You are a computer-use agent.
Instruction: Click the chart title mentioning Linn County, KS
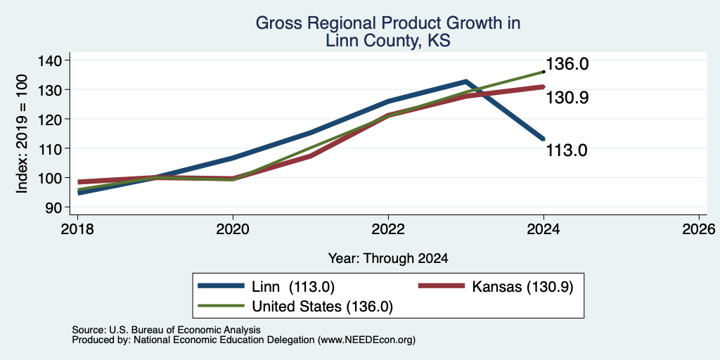pyautogui.click(x=388, y=32)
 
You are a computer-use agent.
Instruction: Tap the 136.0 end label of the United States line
pyautogui.click(x=567, y=64)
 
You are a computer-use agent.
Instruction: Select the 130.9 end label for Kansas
pyautogui.click(x=567, y=97)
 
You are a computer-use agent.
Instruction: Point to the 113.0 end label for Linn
pyautogui.click(x=567, y=150)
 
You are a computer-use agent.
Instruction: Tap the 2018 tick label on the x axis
pyautogui.click(x=77, y=229)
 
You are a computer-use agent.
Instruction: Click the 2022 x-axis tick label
pyautogui.click(x=388, y=229)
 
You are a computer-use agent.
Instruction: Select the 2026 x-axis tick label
pyautogui.click(x=699, y=229)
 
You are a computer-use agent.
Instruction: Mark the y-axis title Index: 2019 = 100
pyautogui.click(x=22, y=134)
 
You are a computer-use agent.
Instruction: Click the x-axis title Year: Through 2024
pyautogui.click(x=388, y=259)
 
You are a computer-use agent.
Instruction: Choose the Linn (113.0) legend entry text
pyautogui.click(x=293, y=287)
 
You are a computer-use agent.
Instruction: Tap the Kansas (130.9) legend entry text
pyautogui.click(x=522, y=287)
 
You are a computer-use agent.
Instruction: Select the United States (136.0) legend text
pyautogui.click(x=322, y=307)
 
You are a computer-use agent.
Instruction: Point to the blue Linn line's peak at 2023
pyautogui.click(x=465, y=82)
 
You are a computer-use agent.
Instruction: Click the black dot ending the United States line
pyautogui.click(x=544, y=72)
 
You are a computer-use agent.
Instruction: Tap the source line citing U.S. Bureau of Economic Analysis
pyautogui.click(x=166, y=330)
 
